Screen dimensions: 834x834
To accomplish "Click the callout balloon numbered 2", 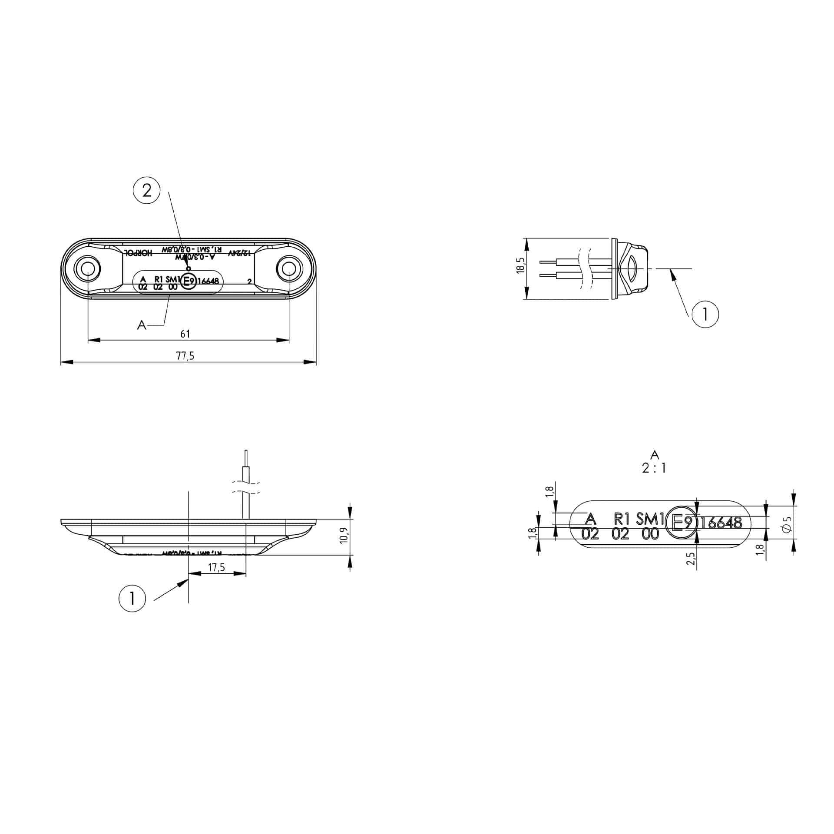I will point(147,190).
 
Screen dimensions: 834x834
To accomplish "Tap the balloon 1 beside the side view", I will point(705,314).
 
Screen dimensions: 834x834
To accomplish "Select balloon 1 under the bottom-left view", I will point(132,599).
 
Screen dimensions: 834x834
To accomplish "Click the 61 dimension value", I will point(185,334).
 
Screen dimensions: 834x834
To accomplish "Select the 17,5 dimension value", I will point(216,568).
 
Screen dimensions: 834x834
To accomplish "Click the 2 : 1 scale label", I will point(654,468).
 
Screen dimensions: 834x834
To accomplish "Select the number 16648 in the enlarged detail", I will point(721,523).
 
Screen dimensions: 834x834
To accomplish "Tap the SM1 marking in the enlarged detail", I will point(650,519).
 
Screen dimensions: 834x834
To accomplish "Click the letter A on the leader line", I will point(142,324).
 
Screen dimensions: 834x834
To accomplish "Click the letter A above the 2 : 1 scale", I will point(655,455).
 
